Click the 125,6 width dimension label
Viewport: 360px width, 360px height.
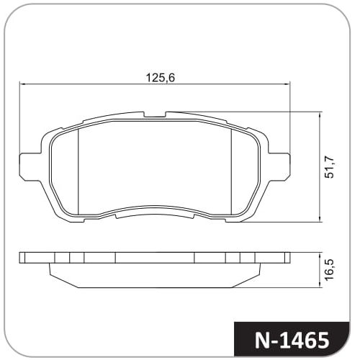pos(161,78)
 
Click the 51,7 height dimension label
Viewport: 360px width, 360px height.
pos(329,167)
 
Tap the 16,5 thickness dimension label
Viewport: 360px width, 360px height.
pos(330,269)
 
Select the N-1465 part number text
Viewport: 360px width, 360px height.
pos(292,341)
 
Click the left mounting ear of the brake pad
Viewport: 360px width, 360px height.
pos(30,166)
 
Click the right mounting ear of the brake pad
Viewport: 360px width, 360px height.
pos(279,166)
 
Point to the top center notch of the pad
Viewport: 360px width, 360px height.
pos(155,114)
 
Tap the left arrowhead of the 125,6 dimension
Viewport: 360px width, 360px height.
pos(22,84)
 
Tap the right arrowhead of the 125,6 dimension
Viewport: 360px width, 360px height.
pos(287,84)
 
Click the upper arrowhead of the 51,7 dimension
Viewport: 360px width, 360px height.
pos(320,115)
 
